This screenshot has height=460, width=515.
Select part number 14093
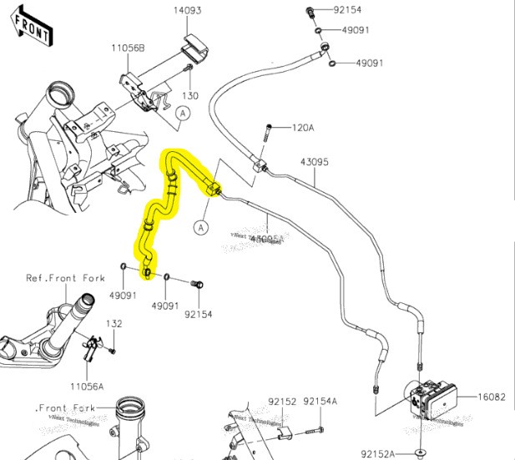click(x=188, y=11)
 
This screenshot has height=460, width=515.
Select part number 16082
click(x=492, y=397)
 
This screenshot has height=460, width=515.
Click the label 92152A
click(x=378, y=453)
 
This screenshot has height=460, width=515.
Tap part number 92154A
click(x=321, y=402)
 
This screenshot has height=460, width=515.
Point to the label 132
click(x=114, y=323)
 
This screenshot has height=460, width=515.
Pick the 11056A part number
click(x=87, y=387)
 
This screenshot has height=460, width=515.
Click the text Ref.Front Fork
click(x=65, y=278)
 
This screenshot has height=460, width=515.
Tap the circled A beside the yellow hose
click(x=201, y=226)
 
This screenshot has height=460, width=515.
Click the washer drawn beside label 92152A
click(x=420, y=452)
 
